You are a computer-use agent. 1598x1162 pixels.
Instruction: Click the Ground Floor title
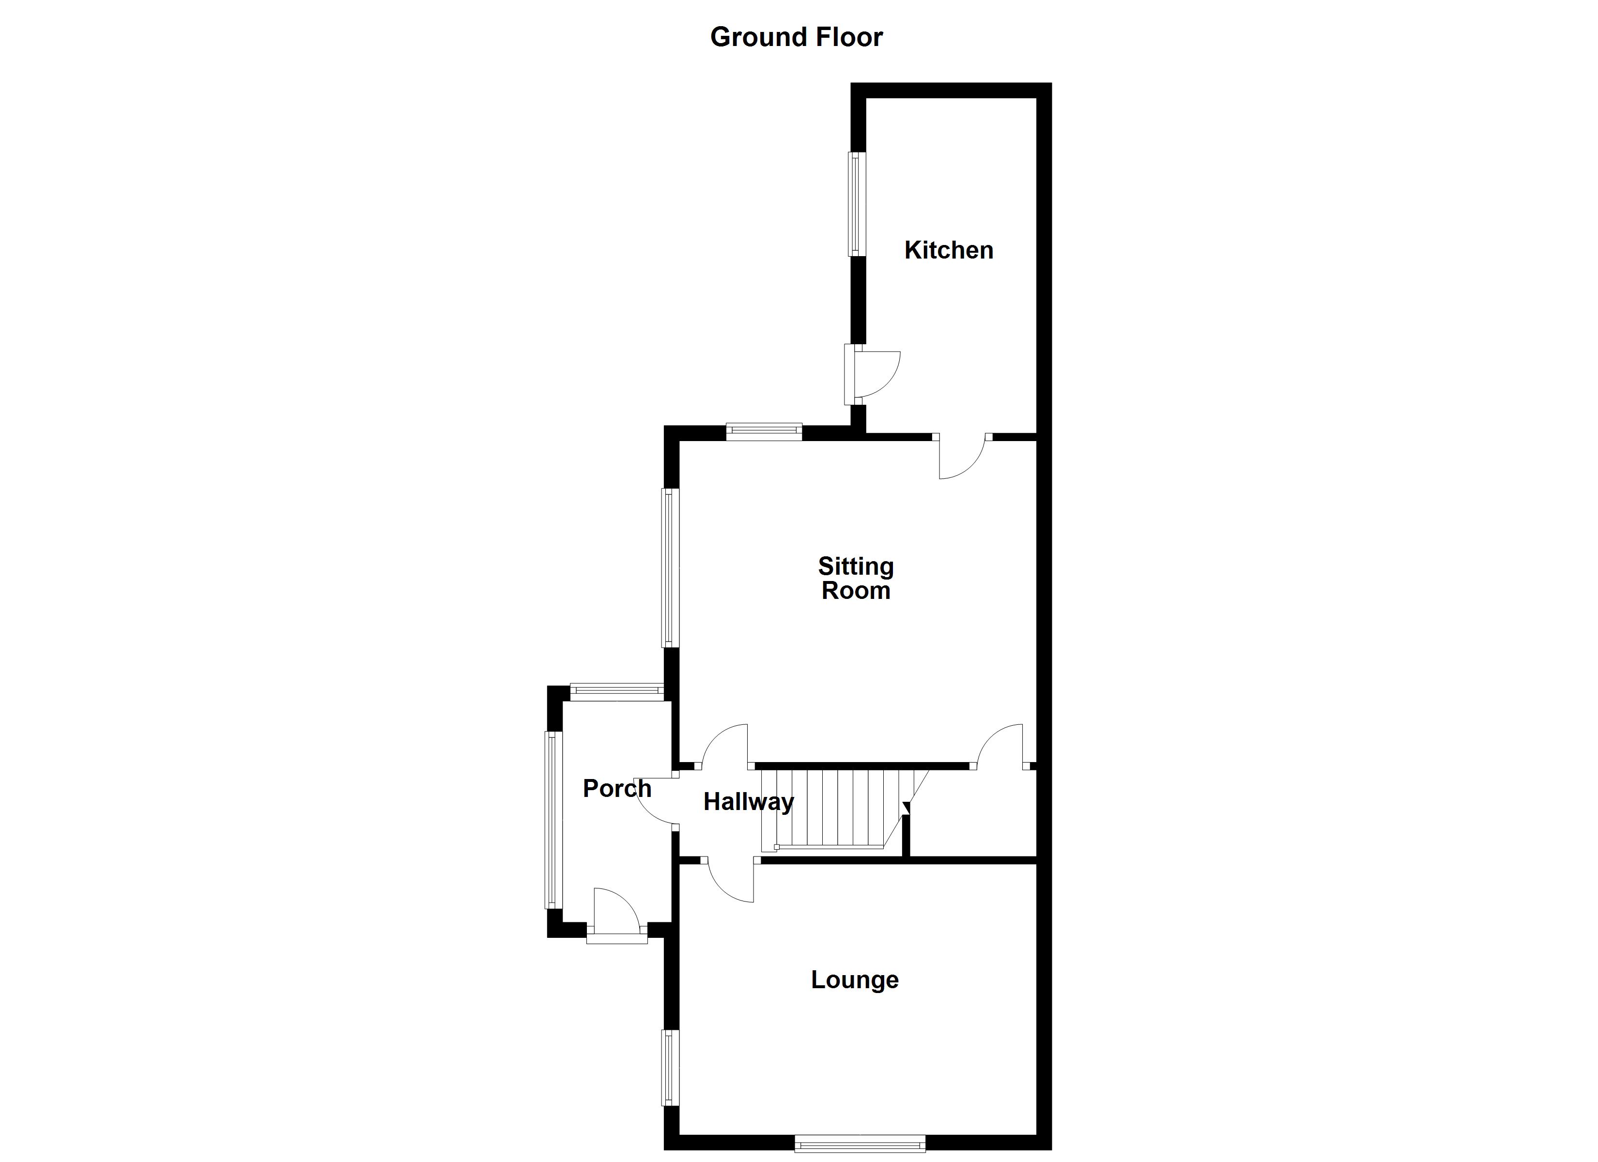click(796, 37)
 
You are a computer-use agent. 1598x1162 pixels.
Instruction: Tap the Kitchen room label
click(948, 250)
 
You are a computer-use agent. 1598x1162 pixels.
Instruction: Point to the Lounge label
click(855, 979)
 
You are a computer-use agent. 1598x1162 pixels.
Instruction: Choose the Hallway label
click(748, 801)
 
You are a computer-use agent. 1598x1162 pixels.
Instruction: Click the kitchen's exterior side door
click(874, 373)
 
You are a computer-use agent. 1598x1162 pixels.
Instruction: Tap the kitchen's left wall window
click(856, 204)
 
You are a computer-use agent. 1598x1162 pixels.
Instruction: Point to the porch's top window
click(616, 691)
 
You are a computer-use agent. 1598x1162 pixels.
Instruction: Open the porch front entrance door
click(616, 916)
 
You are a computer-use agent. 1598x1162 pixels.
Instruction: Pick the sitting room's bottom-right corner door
click(999, 747)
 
